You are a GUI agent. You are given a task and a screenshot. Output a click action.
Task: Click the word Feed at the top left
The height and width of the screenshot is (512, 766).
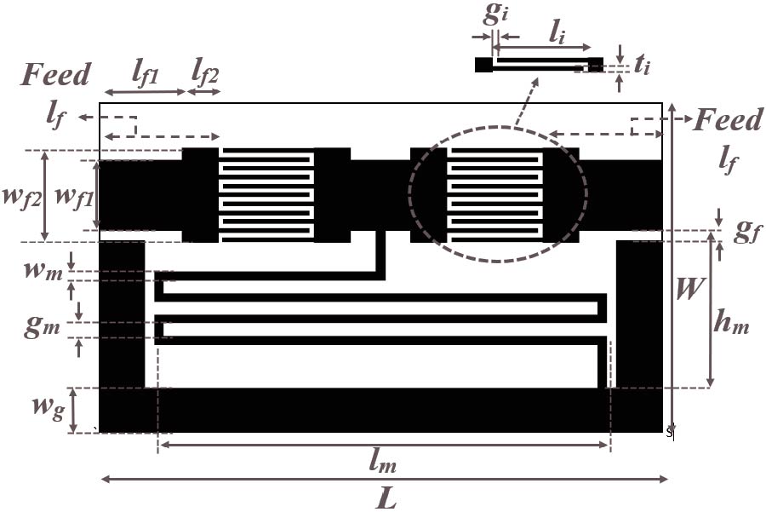55,74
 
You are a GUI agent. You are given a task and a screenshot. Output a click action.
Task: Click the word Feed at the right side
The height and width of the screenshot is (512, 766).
728,119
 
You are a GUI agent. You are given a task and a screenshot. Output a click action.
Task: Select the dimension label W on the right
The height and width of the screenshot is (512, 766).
689,288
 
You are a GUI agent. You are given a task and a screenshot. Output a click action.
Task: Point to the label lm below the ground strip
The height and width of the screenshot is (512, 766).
382,461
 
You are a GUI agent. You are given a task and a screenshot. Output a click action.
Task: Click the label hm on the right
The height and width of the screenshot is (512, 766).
731,321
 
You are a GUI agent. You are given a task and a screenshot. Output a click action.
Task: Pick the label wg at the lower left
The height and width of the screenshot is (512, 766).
49,407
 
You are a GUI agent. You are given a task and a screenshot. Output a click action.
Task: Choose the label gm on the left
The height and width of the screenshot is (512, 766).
42,326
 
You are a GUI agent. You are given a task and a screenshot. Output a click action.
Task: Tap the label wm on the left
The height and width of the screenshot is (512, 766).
43,271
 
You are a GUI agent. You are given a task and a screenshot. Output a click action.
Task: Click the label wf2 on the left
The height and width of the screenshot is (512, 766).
21,198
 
